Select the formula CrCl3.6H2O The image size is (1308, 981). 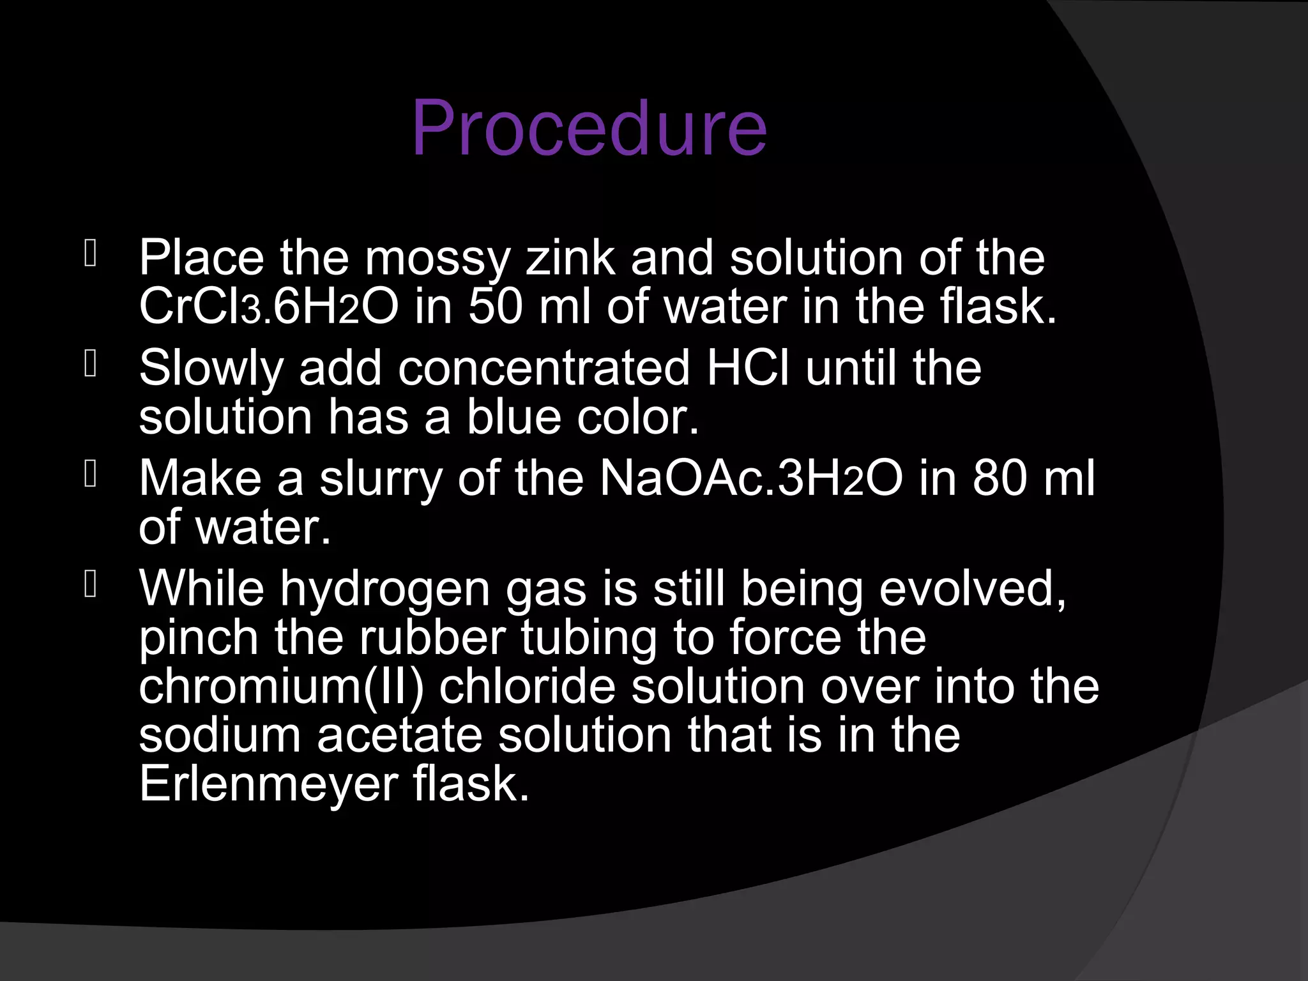(x=268, y=307)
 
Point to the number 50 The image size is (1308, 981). (x=495, y=307)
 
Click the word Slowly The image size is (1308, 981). (x=211, y=369)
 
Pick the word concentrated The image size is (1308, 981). (x=544, y=369)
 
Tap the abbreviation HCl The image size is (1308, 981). (x=747, y=369)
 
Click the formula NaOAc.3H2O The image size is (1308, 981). (x=750, y=479)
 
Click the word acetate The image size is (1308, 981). (x=399, y=735)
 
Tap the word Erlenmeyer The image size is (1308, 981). (x=268, y=784)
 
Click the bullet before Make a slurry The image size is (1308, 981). (x=90, y=475)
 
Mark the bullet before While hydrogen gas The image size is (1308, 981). (x=90, y=586)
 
